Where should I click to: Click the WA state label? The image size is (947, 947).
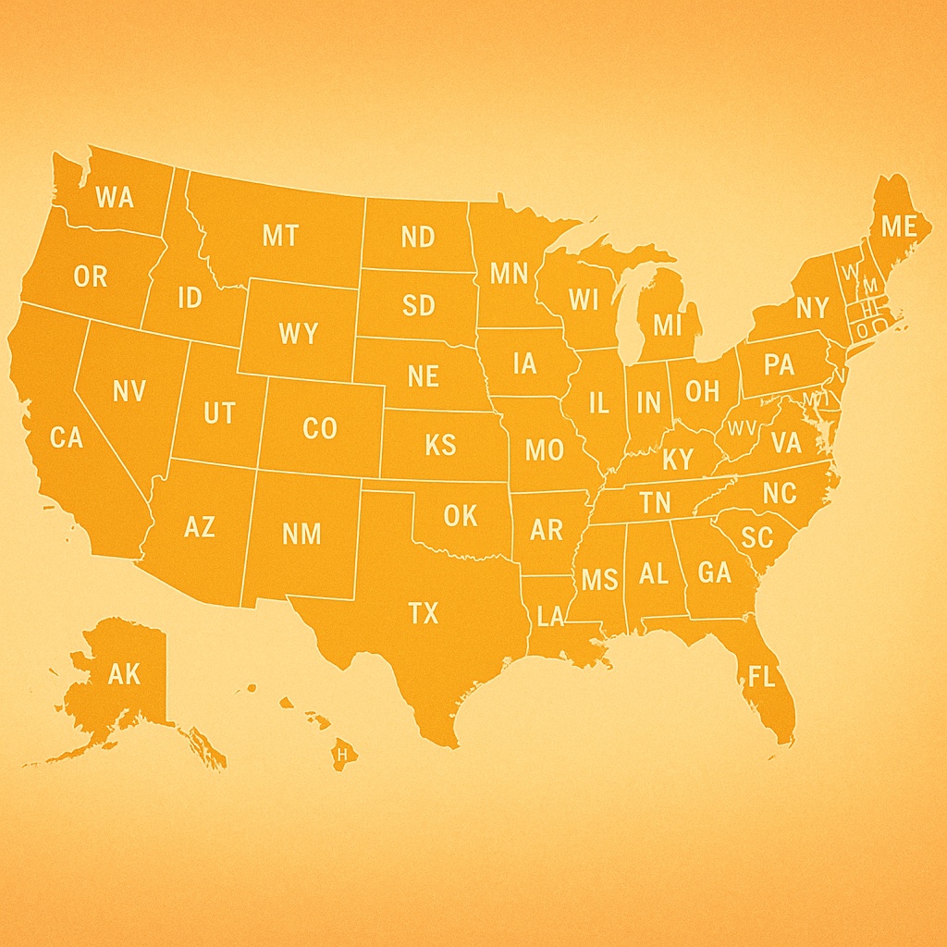point(115,197)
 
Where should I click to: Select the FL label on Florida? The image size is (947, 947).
point(761,677)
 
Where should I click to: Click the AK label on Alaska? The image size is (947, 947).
point(124,673)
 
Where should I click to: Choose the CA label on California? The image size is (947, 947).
point(67,437)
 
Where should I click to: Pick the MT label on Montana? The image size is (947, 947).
point(280,236)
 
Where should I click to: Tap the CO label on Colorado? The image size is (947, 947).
point(320,429)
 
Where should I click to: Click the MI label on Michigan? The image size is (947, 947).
point(666,325)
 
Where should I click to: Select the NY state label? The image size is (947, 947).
point(812,307)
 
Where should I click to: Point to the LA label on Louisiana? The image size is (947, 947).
point(549,617)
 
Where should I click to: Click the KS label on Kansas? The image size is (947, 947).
point(440,445)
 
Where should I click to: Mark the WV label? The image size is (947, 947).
point(742,427)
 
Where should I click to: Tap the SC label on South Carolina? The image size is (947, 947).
point(756,537)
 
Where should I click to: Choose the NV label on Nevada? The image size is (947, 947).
point(129,391)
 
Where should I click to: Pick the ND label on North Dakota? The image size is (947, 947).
point(418,237)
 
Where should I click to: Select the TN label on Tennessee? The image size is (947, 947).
point(655,503)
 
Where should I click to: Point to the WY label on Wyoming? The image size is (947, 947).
point(298,333)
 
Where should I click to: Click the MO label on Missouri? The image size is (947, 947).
point(544,450)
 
